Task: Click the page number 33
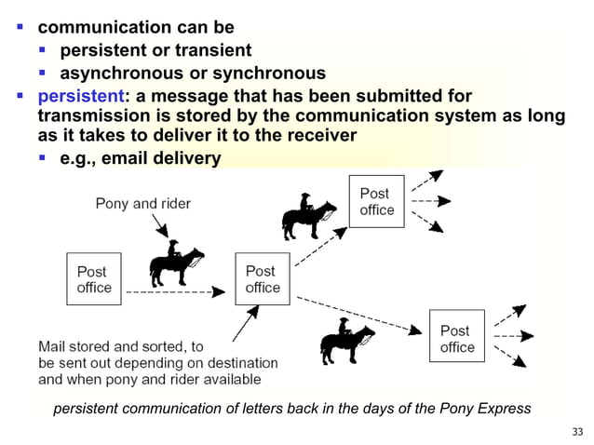click(576, 431)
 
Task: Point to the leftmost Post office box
click(93, 279)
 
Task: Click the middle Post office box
click(262, 279)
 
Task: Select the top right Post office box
click(377, 202)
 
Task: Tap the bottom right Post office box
click(456, 338)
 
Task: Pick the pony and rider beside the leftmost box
click(176, 265)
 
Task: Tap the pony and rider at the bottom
click(346, 340)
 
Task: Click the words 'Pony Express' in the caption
click(484, 409)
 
